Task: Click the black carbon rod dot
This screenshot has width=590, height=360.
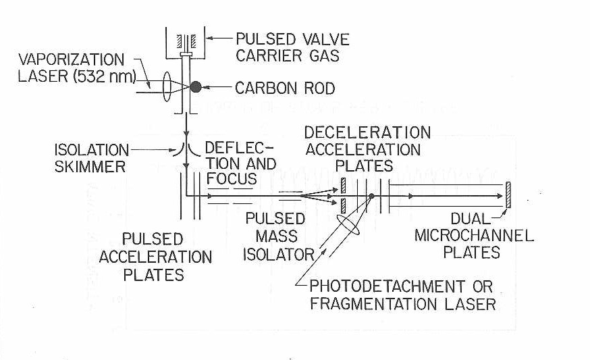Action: pyautogui.click(x=196, y=87)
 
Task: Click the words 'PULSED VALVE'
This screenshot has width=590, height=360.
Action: pyautogui.click(x=292, y=40)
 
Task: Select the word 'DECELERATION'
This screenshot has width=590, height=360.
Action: pyautogui.click(x=367, y=132)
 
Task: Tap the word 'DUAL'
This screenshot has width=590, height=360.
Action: pyautogui.click(x=470, y=220)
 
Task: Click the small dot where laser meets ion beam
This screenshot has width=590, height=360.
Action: pyautogui.click(x=371, y=197)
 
